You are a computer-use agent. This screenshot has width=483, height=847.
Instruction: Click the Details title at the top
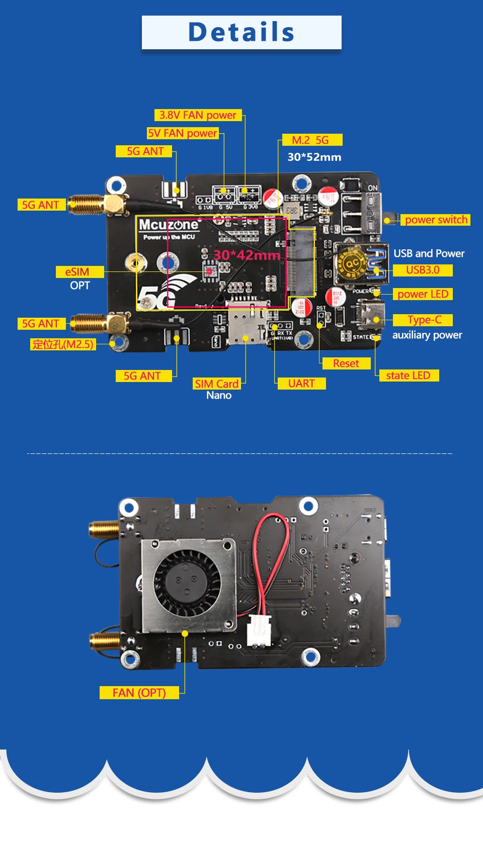click(x=242, y=32)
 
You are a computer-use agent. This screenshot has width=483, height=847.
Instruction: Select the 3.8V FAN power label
click(x=198, y=115)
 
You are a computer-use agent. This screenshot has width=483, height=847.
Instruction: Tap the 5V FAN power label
click(x=183, y=133)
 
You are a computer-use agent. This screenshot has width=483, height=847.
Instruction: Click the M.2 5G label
click(x=310, y=140)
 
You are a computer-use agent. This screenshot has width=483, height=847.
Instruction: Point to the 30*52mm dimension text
click(x=314, y=157)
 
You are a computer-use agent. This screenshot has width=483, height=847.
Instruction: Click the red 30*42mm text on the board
click(x=247, y=255)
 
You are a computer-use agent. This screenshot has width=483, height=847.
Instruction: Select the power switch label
click(x=436, y=220)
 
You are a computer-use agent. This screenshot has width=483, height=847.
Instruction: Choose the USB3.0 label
click(x=423, y=270)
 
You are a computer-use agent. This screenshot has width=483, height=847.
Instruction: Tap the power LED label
click(x=423, y=294)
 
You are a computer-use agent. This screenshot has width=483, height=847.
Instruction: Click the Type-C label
click(x=424, y=320)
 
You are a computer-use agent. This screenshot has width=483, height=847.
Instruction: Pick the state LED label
click(x=408, y=375)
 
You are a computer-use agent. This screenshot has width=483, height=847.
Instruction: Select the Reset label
click(x=346, y=363)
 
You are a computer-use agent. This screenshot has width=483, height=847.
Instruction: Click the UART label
click(x=301, y=384)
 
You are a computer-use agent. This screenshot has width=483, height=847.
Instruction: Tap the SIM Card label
click(x=217, y=384)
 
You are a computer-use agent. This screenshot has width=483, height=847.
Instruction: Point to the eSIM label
click(x=77, y=272)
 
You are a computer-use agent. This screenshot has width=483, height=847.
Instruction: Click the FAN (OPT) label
click(x=139, y=693)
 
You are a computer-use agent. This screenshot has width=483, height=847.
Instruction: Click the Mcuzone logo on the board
click(x=169, y=225)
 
